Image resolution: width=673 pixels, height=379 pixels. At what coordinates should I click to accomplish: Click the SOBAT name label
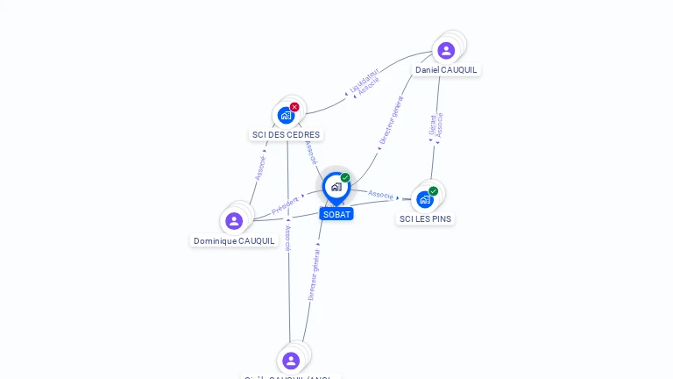pos(336,214)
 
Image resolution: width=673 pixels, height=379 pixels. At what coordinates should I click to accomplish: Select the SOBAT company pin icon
pos(336,187)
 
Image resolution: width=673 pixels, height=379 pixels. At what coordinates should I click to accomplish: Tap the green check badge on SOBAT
pos(345,178)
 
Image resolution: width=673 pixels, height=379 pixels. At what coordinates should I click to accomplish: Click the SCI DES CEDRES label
pos(287,135)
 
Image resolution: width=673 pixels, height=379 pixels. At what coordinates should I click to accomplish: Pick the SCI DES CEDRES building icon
pos(286,115)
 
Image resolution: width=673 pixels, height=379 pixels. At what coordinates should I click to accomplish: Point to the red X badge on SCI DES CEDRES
pos(294,107)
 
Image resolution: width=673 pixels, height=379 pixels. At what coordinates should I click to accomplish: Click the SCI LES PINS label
pos(426,219)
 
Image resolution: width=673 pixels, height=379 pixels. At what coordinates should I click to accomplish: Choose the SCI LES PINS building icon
pos(425,199)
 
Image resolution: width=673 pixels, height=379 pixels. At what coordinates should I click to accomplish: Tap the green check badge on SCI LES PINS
pos(433,191)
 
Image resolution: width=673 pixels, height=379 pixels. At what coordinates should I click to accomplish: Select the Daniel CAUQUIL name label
pos(447,70)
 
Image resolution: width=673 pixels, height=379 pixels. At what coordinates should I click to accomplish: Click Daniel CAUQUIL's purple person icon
pos(446,50)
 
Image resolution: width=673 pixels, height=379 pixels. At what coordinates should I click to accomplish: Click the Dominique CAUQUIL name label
pos(234,241)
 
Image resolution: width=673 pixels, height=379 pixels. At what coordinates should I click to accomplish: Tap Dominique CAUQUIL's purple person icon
pos(234,220)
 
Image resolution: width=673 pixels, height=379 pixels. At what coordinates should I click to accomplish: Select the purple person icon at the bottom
pos(291,361)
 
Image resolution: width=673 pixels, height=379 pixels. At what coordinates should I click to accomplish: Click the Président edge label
pos(285,205)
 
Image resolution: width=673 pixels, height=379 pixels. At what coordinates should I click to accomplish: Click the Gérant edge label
pos(432,125)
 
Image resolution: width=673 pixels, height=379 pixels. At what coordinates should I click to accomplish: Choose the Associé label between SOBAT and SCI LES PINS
pos(380,194)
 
